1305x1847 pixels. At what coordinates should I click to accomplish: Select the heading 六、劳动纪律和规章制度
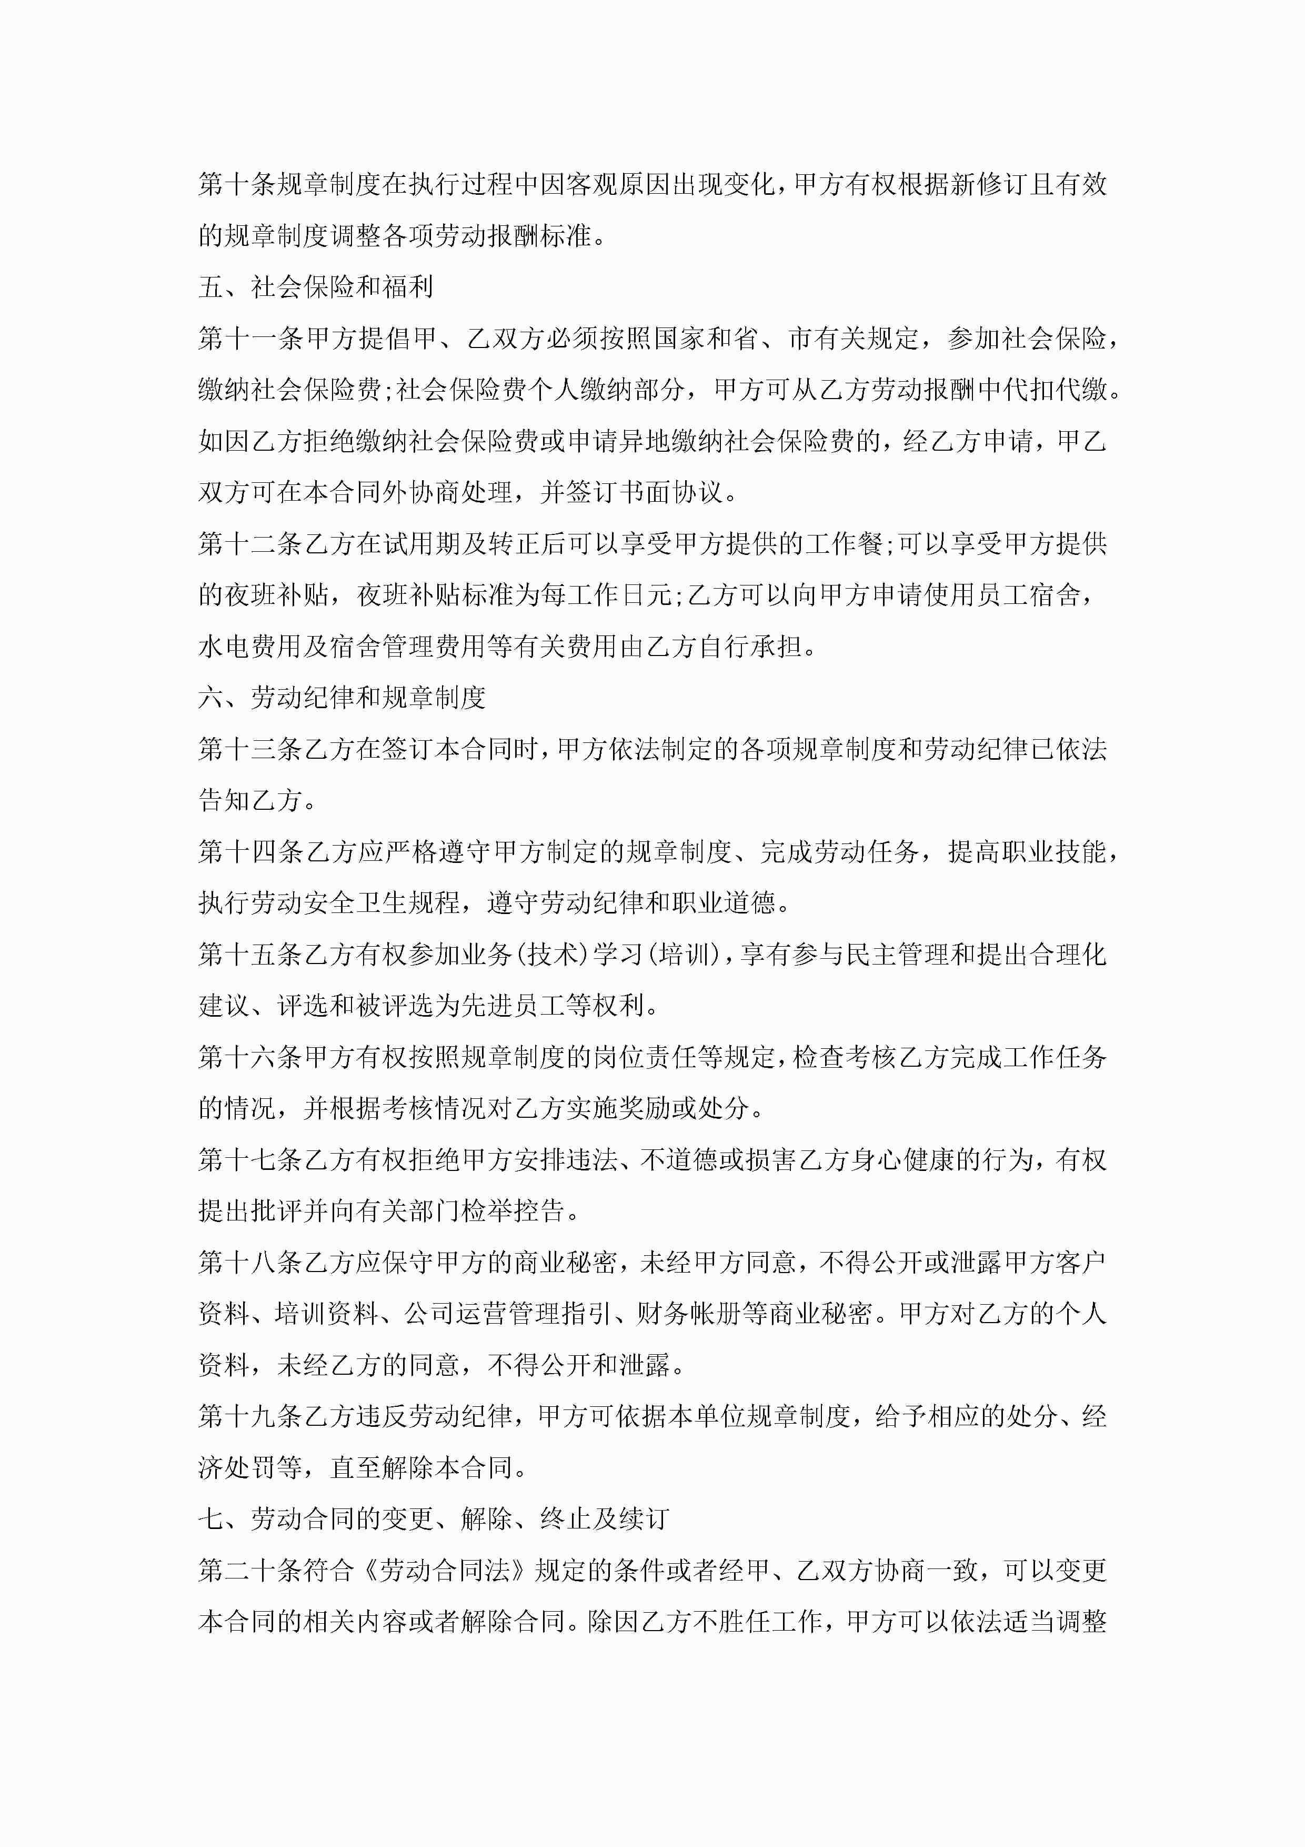tap(342, 698)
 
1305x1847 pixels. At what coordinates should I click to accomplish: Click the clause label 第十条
tap(237, 185)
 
